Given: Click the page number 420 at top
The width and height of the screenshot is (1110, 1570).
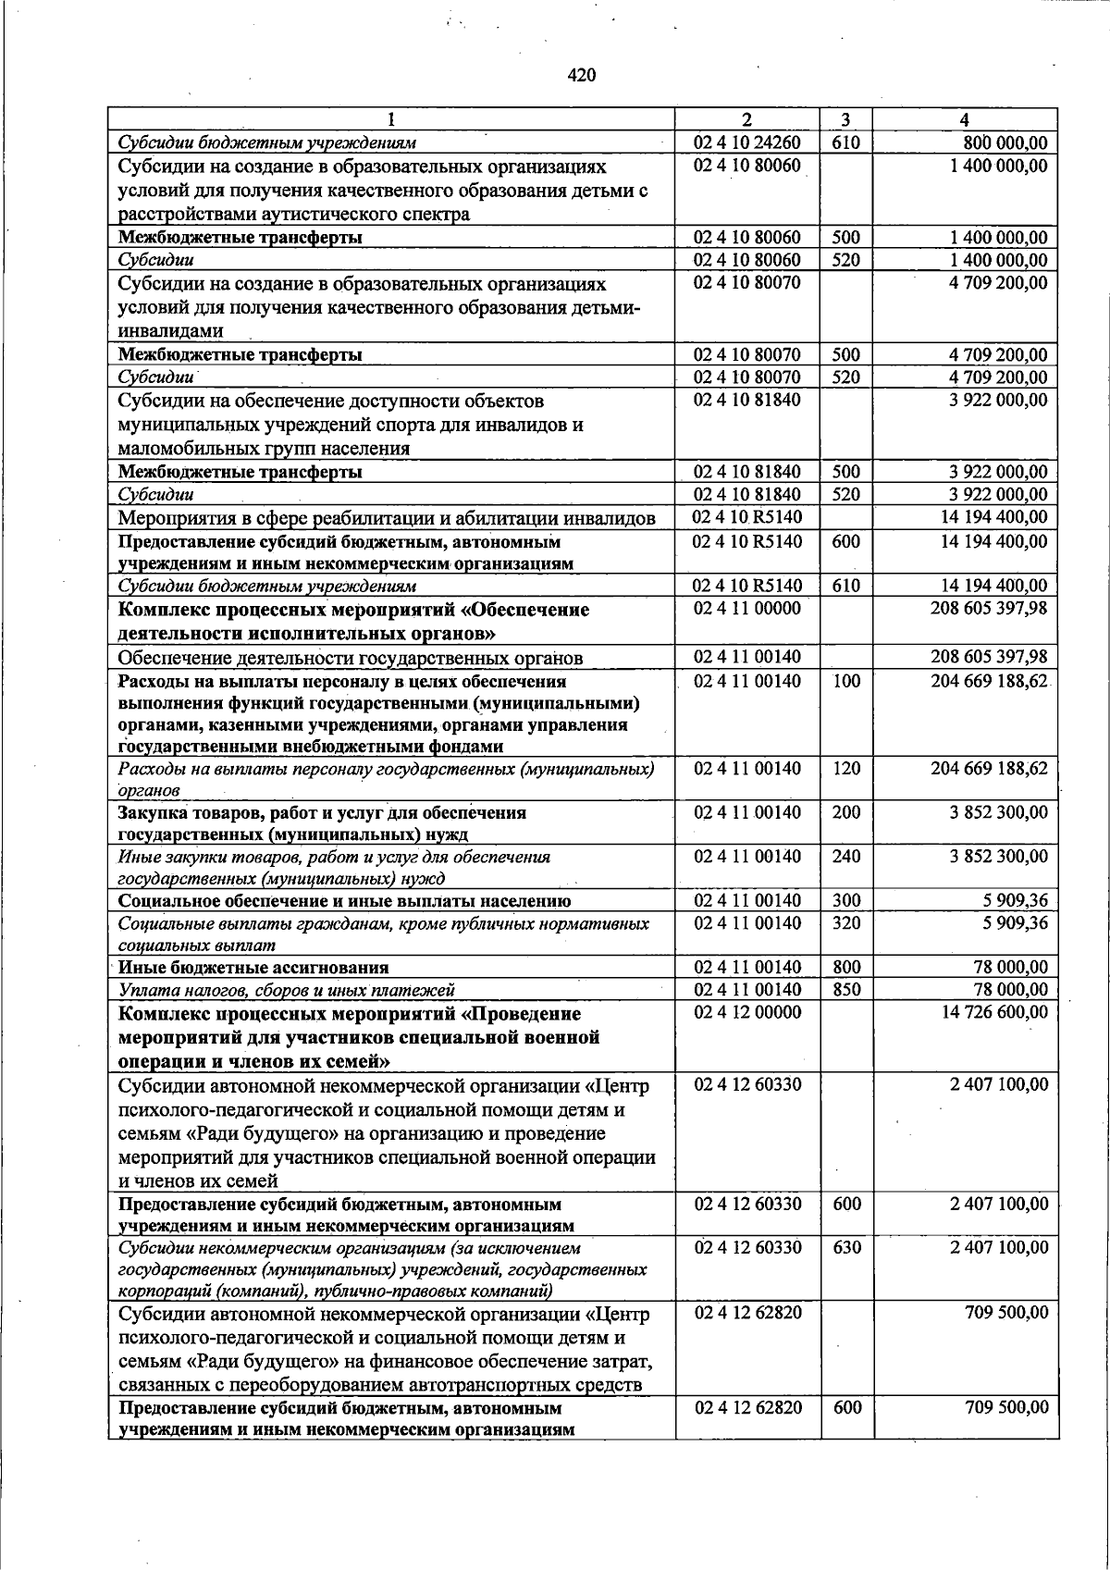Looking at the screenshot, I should point(581,76).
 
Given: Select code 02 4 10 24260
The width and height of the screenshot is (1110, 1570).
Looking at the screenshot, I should point(747,142).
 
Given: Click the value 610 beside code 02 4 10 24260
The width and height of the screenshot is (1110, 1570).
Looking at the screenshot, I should point(845,142).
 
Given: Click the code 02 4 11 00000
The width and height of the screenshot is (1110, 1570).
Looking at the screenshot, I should point(747,609).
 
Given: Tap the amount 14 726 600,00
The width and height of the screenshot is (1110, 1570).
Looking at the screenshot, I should point(994,1012).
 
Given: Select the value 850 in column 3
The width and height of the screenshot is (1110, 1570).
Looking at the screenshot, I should point(845,990).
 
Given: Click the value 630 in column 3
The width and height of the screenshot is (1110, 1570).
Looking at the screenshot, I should point(845,1247).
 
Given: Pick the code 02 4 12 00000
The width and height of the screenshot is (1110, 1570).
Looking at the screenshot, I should point(747,1012).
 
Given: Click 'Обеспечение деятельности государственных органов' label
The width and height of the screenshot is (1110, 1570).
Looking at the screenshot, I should point(351,658).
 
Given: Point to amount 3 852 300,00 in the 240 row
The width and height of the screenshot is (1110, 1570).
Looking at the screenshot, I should point(998,857).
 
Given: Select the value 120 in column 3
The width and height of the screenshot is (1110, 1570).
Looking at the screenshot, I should point(845,769).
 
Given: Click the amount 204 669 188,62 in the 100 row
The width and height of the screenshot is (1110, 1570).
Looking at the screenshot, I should point(989,681).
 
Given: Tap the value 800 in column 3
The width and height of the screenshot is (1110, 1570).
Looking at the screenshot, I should point(845,968).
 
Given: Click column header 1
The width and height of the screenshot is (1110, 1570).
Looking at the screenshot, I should point(391,119).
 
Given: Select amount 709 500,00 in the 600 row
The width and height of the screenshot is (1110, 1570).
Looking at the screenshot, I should point(1006,1407).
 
